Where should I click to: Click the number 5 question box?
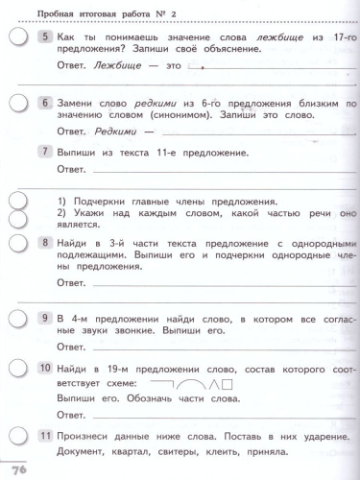coord(44,36)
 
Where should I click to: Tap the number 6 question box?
coord(44,102)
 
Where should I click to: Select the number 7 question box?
coord(44,151)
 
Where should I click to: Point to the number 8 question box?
coord(44,243)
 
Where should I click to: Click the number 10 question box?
coord(44,368)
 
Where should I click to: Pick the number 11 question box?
coord(44,436)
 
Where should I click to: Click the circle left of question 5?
coord(19,37)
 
